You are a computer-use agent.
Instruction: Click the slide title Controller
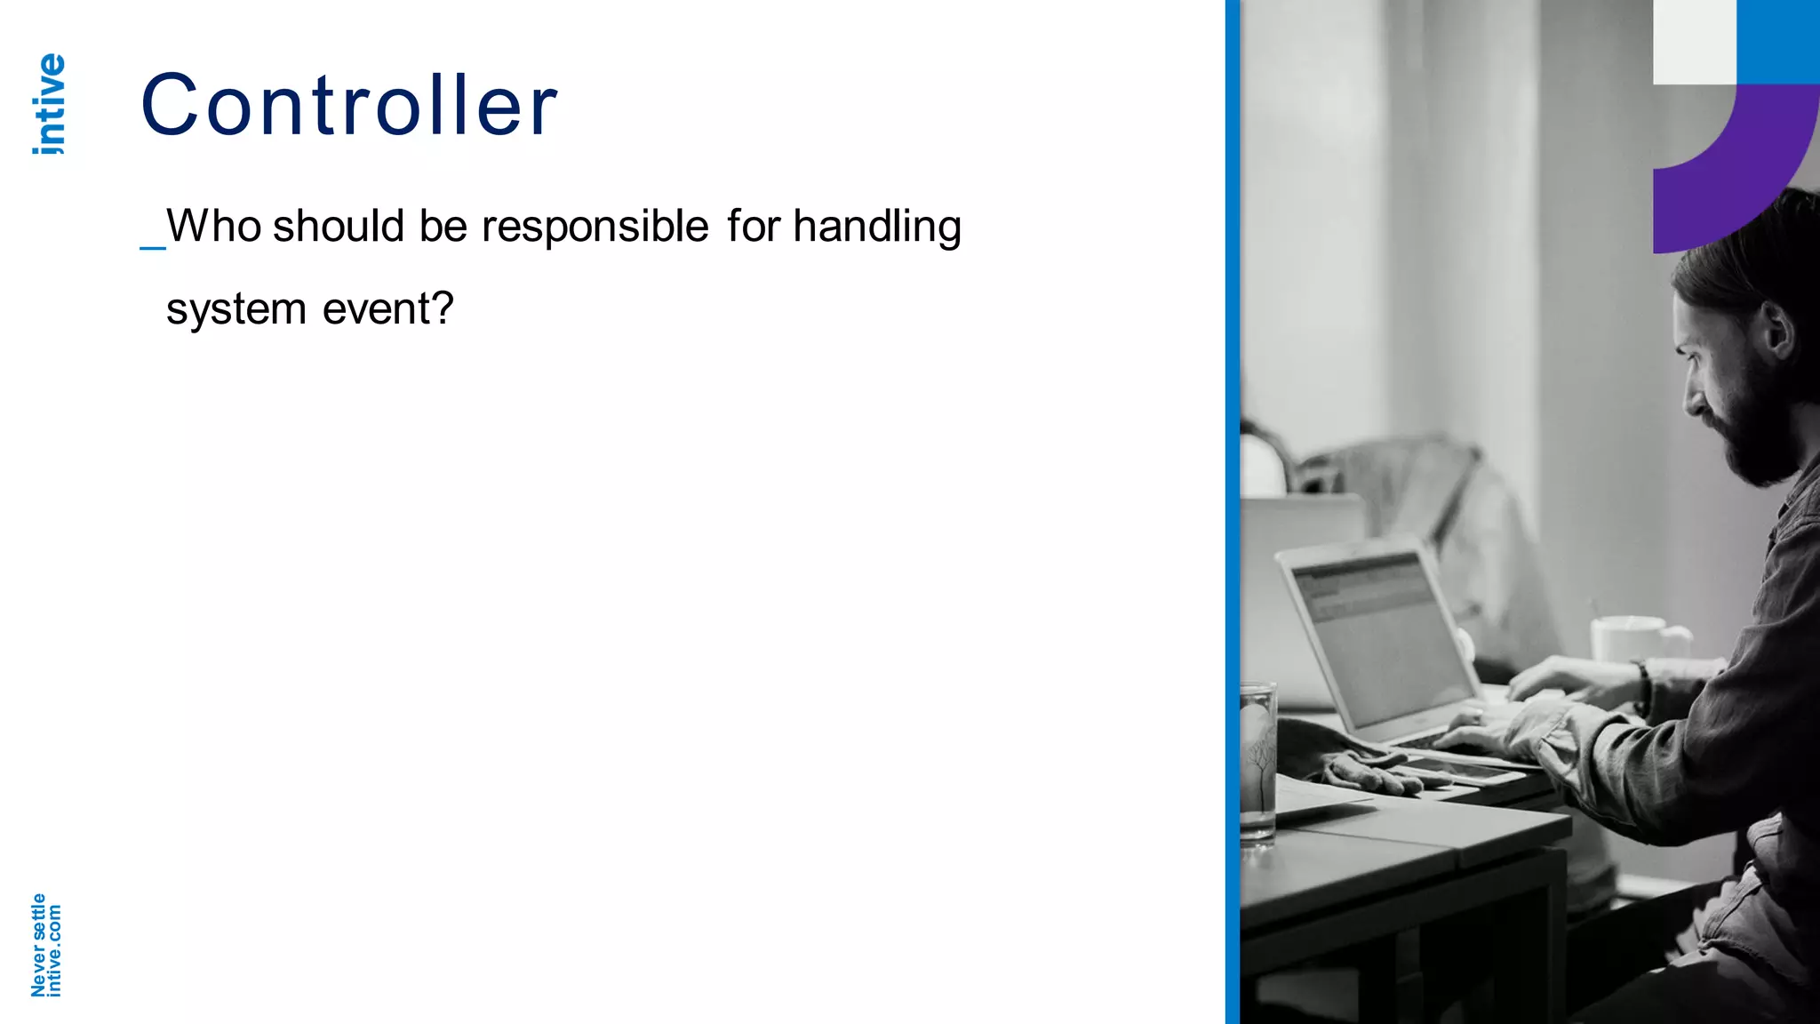[348, 106]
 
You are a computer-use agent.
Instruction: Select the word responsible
[595, 228]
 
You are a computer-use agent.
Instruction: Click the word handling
[876, 228]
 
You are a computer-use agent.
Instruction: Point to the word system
[236, 310]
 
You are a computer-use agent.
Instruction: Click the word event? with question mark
[387, 309]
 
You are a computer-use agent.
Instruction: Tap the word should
[339, 226]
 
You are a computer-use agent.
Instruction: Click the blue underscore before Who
[152, 245]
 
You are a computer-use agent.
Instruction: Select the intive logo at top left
[50, 104]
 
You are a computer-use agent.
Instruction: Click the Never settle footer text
[38, 945]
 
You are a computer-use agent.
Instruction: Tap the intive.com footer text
[54, 950]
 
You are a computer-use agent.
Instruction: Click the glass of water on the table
[1257, 760]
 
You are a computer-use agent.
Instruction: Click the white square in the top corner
[1694, 41]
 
